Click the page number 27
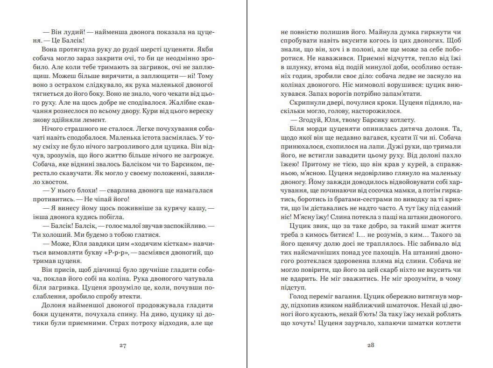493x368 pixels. click(123, 346)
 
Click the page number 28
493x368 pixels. click(371, 346)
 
